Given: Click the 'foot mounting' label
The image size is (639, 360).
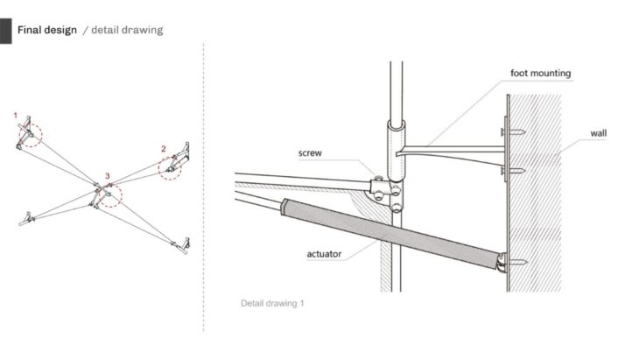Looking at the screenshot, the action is coord(540,74).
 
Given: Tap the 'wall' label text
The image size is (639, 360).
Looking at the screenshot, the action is coord(598,133).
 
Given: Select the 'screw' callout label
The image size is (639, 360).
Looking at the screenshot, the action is coord(310,153).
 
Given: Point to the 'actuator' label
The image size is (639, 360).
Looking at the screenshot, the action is coord(324,254).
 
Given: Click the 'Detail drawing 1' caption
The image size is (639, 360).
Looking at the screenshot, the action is coord(272,303).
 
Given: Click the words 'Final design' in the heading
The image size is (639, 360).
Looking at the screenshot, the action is coord(47,30).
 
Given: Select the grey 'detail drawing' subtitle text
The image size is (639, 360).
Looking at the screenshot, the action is coord(127,30).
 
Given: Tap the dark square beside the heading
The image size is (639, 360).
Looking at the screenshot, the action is coord(6,31).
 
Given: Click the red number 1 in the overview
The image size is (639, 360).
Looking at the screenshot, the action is coord(16,116).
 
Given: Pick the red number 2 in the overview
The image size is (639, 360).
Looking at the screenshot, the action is coord(164,149).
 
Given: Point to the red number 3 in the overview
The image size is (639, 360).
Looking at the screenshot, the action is coord(107,176).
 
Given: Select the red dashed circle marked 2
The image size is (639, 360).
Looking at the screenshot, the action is coord(158,169).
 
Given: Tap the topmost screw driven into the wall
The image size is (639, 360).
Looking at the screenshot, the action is coord(514,131).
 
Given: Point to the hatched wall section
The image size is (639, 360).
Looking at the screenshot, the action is coord(535,193).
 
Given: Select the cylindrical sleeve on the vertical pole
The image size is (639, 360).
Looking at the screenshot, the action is coord(396,150).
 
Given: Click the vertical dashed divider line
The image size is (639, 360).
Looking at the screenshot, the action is coord(204,187).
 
